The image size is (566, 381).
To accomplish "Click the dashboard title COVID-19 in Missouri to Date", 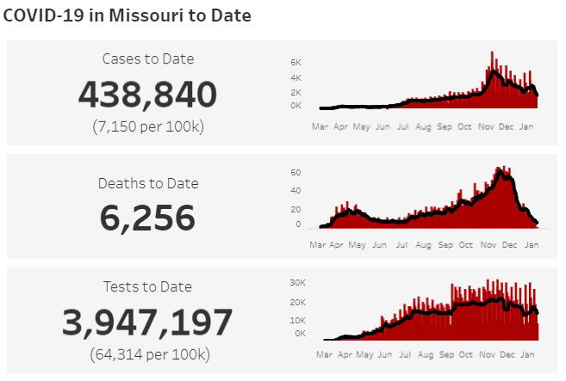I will coord(128,16).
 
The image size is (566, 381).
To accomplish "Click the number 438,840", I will coord(147,95).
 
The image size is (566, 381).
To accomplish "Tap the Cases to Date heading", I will coord(147,59).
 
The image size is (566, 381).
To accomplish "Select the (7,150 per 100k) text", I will coord(147,126).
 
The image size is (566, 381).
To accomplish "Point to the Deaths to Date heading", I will coord(147,183).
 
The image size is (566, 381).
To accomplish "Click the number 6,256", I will coord(147,218).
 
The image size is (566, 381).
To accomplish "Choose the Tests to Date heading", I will coord(147,286).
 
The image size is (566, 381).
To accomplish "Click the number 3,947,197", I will coord(147,323).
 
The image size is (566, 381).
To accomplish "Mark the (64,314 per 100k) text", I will coord(147,353).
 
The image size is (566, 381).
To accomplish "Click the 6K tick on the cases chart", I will coord(295,63).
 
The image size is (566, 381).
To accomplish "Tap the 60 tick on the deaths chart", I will coord(295,172).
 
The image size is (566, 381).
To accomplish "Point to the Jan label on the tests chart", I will coord(529,353).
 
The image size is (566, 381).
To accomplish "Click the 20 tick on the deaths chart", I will coord(295,209).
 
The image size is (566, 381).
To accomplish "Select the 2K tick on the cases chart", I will coord(295,92).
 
